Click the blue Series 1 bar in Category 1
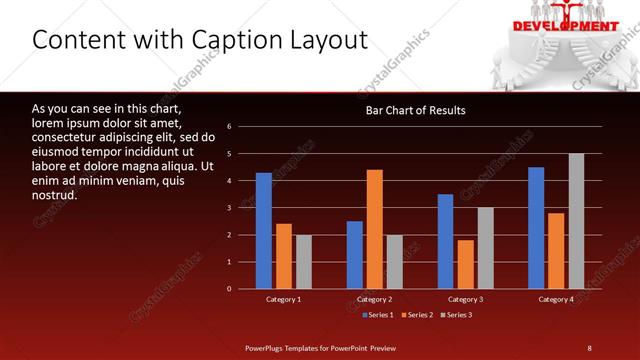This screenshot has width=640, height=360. pos(264,230)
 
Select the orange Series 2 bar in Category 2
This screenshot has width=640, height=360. pos(375,229)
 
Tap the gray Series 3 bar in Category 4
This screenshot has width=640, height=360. pos(576,221)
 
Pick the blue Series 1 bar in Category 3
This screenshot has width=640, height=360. pos(446,241)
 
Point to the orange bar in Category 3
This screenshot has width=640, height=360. pos(466,264)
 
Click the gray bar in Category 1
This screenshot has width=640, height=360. pos(304,262)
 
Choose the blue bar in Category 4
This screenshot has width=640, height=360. pos(537,228)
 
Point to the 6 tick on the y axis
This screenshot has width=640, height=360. pos(230,127)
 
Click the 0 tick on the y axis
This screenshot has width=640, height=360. pos(230,289)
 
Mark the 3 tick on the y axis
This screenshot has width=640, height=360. pos(230,208)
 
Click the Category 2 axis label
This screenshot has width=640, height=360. pos(375,299)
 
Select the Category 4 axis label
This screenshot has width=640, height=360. pos(556,299)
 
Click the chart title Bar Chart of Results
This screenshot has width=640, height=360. pos(415,110)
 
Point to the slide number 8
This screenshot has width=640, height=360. pos(589,347)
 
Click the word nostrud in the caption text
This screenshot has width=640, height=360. pos(56,195)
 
